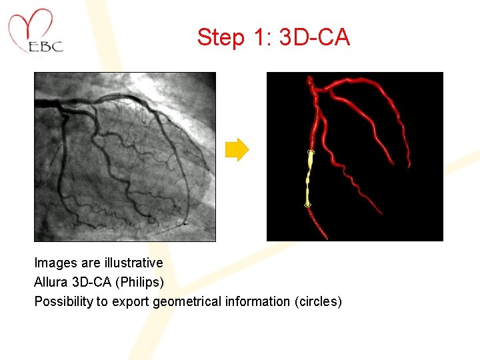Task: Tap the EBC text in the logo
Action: pyautogui.click(x=46, y=47)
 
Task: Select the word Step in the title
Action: pyautogui.click(x=220, y=37)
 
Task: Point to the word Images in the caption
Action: pyautogui.click(x=55, y=263)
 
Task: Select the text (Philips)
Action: pyautogui.click(x=139, y=282)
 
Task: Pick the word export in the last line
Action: pyautogui.click(x=131, y=301)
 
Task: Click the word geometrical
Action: pyautogui.click(x=187, y=301)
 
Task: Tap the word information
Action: pyautogui.click(x=257, y=301)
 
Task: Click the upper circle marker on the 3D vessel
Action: pyautogui.click(x=311, y=153)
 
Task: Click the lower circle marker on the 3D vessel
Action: pyautogui.click(x=307, y=205)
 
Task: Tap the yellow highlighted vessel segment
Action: pyautogui.click(x=309, y=180)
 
